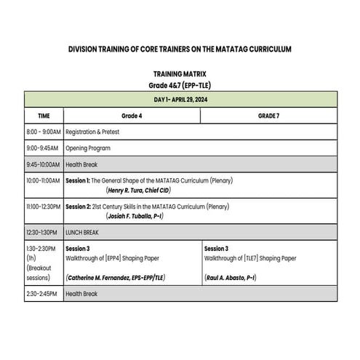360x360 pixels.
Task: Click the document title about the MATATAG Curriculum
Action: pos(180,49)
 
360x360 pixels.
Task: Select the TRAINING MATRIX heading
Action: pos(180,74)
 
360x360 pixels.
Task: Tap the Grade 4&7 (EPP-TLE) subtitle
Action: pos(180,85)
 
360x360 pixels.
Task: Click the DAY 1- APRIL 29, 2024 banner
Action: pos(180,99)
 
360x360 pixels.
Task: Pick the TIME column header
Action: pos(44,116)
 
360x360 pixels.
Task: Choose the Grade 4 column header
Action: pos(132,116)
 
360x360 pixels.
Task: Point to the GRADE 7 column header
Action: pos(268,116)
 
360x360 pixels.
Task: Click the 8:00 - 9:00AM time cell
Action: pos(44,132)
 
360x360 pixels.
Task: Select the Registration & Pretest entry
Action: pos(92,132)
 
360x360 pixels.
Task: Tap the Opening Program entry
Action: pos(87,148)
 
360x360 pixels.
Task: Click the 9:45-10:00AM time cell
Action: pos(44,165)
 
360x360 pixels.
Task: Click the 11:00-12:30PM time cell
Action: pos(44,207)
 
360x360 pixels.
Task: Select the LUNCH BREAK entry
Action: pos(82,233)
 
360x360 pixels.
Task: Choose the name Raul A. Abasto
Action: pos(231,278)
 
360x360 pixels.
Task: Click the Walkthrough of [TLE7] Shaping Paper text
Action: pos(250,258)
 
